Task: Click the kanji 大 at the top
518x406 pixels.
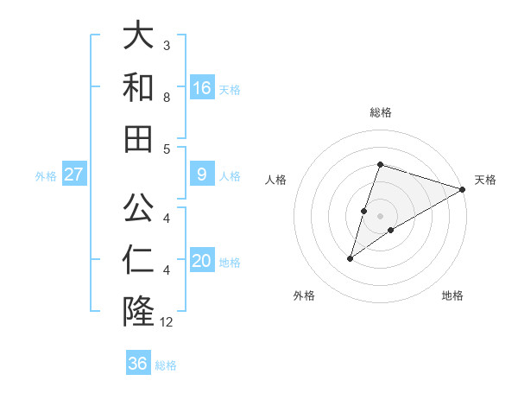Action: (138, 36)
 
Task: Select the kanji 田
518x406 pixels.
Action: (138, 138)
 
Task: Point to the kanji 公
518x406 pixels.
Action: (138, 207)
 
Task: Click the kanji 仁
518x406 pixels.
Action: (138, 259)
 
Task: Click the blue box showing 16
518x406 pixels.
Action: (202, 88)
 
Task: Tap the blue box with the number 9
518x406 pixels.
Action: (202, 174)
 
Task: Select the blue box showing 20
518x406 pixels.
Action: (202, 262)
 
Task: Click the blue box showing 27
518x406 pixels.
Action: (73, 174)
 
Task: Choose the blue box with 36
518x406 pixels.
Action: (138, 364)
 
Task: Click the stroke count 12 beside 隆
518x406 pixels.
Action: (167, 322)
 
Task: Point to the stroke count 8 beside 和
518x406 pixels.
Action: (167, 97)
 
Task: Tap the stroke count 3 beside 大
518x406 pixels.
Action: (167, 45)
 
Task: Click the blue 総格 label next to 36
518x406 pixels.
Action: (166, 365)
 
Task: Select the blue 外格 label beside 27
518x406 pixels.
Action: (46, 176)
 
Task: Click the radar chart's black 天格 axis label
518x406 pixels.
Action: (485, 180)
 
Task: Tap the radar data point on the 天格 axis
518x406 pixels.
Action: (463, 189)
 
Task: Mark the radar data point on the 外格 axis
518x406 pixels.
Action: (351, 258)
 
